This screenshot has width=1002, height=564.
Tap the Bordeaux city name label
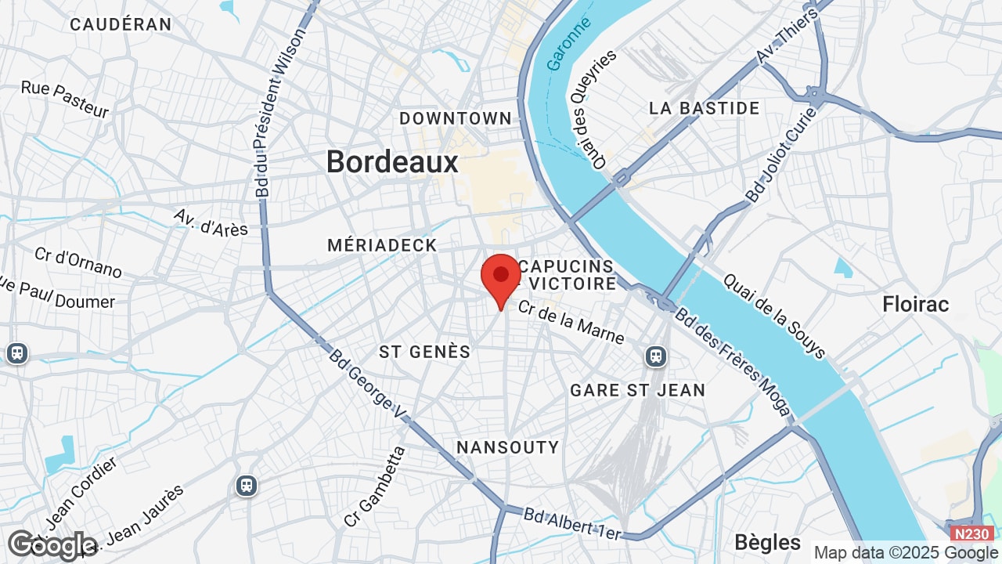click(392, 162)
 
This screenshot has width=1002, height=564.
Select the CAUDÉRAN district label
click(121, 24)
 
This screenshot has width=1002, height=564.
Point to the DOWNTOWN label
click(456, 118)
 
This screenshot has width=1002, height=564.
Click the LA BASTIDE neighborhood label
click(705, 108)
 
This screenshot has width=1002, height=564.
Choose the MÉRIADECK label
click(382, 245)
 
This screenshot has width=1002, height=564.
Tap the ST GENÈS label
click(425, 352)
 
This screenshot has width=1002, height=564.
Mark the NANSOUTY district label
click(508, 447)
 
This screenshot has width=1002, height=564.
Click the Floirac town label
click(916, 304)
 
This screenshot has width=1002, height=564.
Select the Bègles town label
click(768, 542)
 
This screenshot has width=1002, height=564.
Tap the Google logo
click(52, 544)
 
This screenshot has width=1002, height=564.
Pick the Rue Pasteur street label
click(65, 99)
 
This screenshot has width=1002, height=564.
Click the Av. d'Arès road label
click(211, 222)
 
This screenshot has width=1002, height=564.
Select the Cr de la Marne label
click(571, 323)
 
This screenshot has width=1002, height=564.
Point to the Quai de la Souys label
click(774, 316)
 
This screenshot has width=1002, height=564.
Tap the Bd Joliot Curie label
click(781, 155)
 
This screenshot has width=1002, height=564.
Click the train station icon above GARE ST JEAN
click(656, 356)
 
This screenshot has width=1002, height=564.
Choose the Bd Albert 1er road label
click(572, 523)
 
